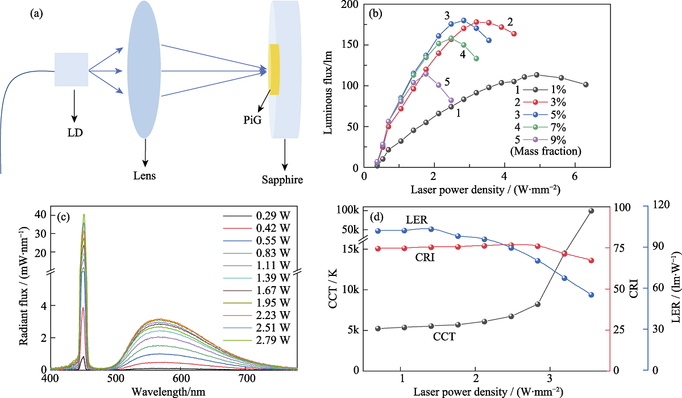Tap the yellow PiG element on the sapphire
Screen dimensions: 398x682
click(275, 69)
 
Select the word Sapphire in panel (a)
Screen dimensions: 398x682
click(282, 181)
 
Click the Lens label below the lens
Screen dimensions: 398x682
click(145, 176)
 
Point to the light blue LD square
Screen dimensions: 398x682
click(72, 69)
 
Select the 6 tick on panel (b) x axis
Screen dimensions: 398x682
click(575, 176)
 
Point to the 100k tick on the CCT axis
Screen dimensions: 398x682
click(348, 210)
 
